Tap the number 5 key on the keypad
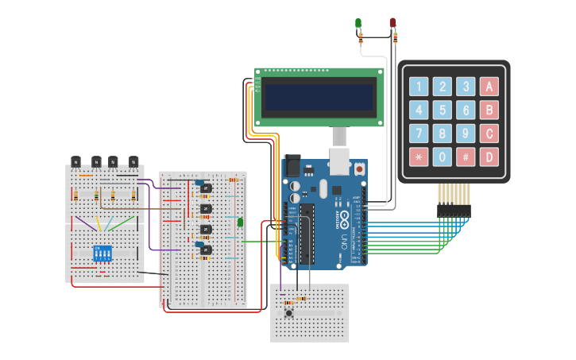(x=443, y=110)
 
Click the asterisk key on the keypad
(x=419, y=157)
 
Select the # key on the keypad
(x=466, y=157)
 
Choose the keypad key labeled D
(x=490, y=157)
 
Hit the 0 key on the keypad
(x=443, y=157)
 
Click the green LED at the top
(x=358, y=23)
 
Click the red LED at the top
(x=392, y=23)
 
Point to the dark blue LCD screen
(x=319, y=98)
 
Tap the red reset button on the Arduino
(x=360, y=168)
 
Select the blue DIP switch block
(x=102, y=254)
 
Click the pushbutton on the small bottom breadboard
(x=288, y=314)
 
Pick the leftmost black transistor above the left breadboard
(x=76, y=161)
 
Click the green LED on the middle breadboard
(x=240, y=223)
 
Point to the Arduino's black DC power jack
(x=292, y=166)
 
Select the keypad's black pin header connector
(x=454, y=211)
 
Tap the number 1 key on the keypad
(x=419, y=87)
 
